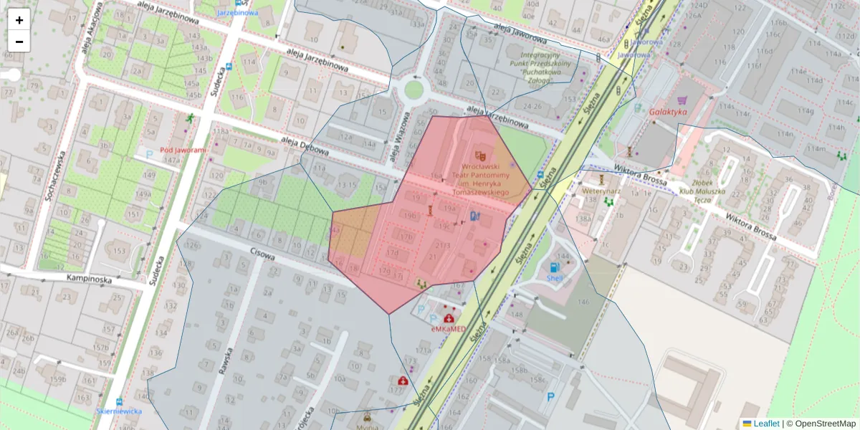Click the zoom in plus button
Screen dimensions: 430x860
tap(19, 20)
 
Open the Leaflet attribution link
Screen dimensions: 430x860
tap(765, 424)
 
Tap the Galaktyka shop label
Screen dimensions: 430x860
tap(668, 113)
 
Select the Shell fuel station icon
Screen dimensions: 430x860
tap(555, 267)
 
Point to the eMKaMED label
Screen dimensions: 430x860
tap(449, 329)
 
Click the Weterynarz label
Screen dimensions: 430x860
tap(601, 191)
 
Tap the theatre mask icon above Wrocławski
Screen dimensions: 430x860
tap(480, 155)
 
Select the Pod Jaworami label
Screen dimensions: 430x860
tap(183, 150)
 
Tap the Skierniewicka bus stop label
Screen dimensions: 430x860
tap(119, 411)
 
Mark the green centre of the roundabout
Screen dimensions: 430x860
tap(414, 90)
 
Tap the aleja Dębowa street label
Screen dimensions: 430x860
tap(305, 146)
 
